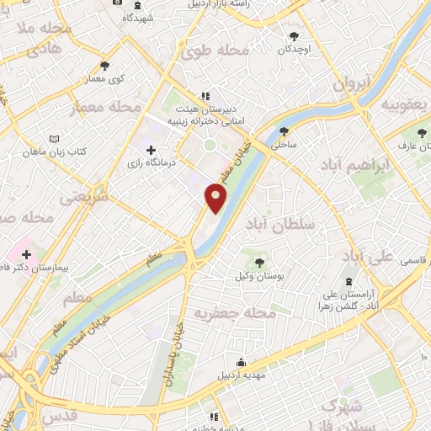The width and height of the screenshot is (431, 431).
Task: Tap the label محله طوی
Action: pyautogui.click(x=215, y=51)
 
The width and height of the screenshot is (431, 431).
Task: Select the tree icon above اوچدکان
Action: pyautogui.click(x=294, y=35)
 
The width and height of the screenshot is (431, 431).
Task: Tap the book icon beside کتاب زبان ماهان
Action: pyautogui.click(x=55, y=137)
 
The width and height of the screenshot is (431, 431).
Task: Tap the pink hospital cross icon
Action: pyautogui.click(x=26, y=253)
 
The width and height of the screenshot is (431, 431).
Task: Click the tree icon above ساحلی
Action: pyautogui.click(x=283, y=131)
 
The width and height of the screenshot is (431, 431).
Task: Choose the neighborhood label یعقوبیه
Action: pyautogui.click(x=401, y=104)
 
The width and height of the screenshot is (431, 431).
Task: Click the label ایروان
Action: pyautogui.click(x=350, y=84)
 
